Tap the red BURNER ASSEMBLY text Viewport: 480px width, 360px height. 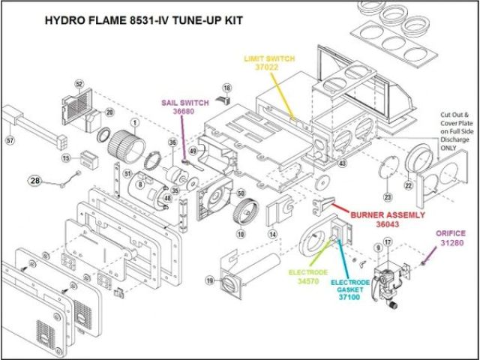point(379,213)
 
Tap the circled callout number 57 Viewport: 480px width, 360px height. point(10,140)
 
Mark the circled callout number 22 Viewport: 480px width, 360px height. point(409,185)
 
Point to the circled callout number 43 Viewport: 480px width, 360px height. point(342,163)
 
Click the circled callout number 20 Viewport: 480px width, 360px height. point(109,112)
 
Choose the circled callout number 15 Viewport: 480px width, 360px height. point(65,158)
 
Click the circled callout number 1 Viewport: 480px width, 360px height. point(135,121)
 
